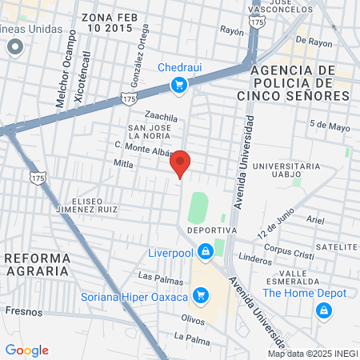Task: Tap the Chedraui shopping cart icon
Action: coord(181,84)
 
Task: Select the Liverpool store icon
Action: coord(206,252)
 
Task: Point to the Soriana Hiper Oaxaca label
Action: coord(134,298)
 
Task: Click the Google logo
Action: coord(26,350)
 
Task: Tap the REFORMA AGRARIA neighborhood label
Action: coord(37,265)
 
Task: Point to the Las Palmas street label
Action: coord(155,276)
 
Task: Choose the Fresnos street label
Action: coord(18,310)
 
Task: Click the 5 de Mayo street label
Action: coord(330,125)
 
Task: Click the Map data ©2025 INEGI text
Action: coord(312,354)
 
